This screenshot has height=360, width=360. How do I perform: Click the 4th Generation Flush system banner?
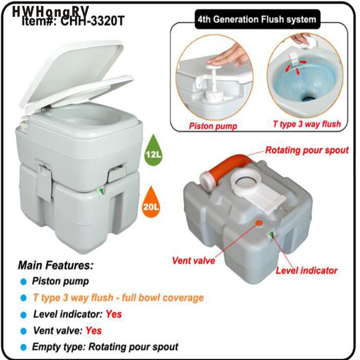pos(256,20)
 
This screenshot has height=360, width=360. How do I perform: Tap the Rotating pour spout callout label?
pos(306,150)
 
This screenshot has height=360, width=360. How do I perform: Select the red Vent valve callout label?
pos(193,260)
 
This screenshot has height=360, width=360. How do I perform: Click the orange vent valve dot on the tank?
pos(259,223)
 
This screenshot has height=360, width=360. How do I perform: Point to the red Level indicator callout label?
pos(306,270)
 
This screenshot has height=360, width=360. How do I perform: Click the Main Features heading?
pos(55,265)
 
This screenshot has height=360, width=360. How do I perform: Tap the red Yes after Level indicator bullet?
pos(114,314)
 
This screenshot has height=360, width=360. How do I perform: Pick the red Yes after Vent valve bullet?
pos(94,330)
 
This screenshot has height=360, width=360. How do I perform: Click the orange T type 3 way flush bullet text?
pos(118,297)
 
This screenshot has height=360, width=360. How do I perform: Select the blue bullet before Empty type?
pos(23,347)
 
